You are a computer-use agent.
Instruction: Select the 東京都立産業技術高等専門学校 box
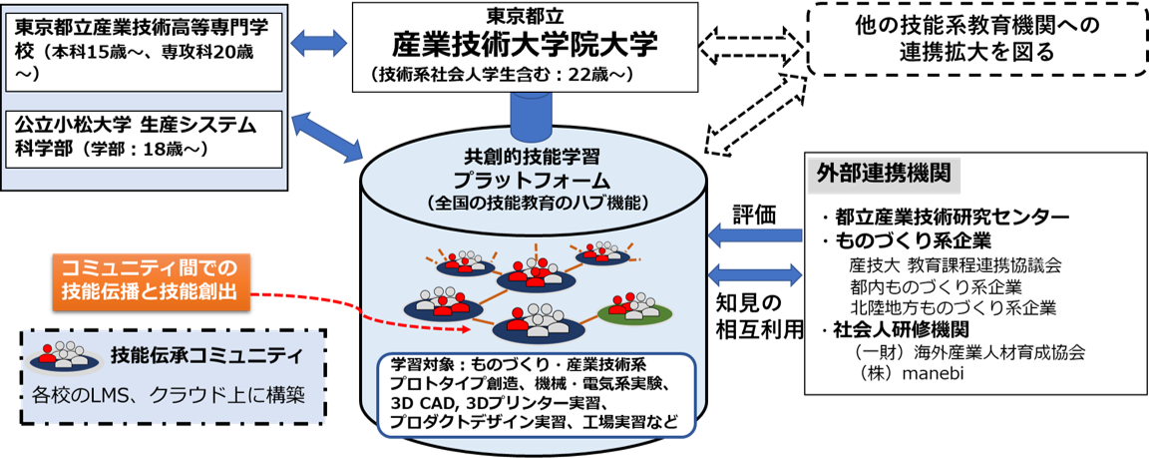click(146, 48)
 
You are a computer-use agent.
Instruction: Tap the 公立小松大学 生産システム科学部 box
click(146, 137)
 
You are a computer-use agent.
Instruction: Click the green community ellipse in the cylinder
click(634, 310)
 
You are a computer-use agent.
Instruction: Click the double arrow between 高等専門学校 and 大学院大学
click(319, 43)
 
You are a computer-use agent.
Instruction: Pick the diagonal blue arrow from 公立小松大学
click(326, 138)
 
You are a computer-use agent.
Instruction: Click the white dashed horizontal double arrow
click(751, 46)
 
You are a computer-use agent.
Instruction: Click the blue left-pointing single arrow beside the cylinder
click(754, 236)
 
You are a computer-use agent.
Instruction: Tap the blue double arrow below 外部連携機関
click(754, 273)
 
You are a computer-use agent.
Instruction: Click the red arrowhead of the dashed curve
click(464, 329)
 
